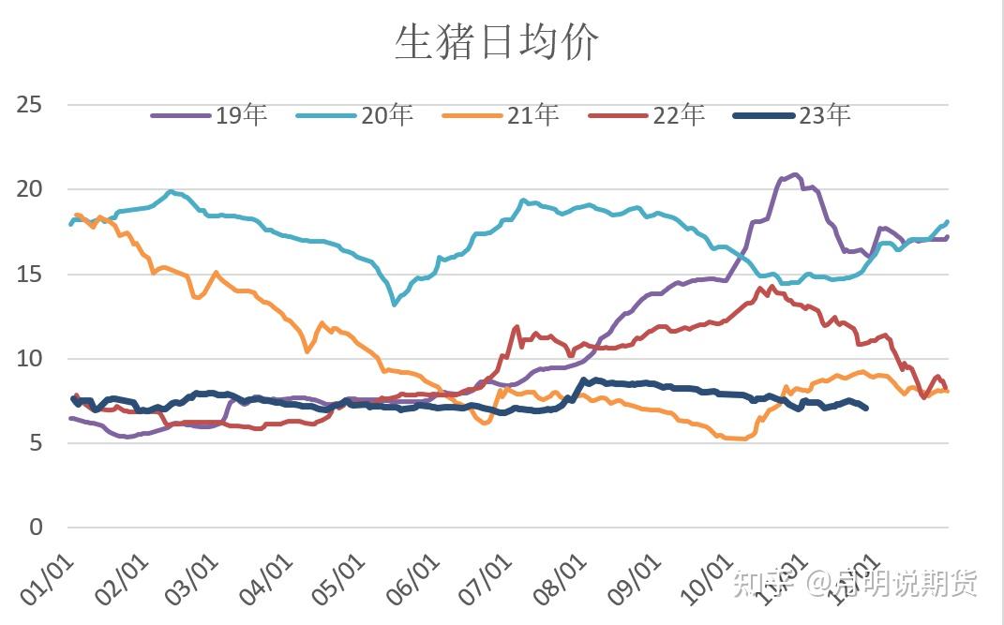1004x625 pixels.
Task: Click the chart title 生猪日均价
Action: click(496, 43)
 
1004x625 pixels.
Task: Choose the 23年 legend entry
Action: click(791, 115)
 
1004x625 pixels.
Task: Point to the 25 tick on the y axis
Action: click(29, 104)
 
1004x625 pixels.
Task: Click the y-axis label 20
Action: click(29, 189)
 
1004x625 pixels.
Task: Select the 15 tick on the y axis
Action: click(29, 275)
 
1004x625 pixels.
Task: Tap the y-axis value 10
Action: click(29, 359)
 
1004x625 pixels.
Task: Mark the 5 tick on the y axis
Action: click(36, 443)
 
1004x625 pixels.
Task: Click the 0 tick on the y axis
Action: click(36, 528)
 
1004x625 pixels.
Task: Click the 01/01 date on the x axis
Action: click(47, 577)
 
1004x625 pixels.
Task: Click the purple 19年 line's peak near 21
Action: click(794, 174)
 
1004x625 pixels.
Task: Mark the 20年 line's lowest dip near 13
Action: click(395, 304)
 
